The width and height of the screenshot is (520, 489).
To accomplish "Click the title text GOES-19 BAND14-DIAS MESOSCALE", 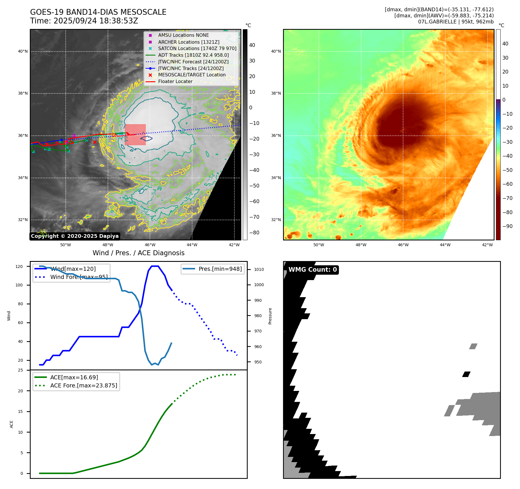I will click(x=98, y=12).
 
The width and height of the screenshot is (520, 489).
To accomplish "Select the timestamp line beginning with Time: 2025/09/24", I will click(x=84, y=21).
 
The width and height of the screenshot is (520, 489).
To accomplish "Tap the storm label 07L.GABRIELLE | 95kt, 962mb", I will click(x=456, y=22).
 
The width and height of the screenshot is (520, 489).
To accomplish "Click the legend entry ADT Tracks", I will click(x=193, y=55).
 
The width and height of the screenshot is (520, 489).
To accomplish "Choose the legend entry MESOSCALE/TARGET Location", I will click(x=192, y=75).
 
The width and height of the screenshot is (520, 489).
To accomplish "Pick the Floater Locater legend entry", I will click(x=175, y=81).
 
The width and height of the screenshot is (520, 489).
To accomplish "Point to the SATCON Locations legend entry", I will click(x=197, y=48).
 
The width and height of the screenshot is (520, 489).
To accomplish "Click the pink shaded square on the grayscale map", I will click(x=135, y=135).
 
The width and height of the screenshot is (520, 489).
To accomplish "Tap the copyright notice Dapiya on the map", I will click(x=75, y=236).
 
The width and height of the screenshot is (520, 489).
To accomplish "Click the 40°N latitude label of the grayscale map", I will click(x=23, y=52).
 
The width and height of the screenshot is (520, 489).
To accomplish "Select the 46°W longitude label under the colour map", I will click(x=403, y=245).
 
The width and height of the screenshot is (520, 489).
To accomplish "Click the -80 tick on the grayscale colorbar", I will click(x=254, y=233).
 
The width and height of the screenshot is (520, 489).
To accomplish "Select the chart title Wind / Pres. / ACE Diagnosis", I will click(x=138, y=253).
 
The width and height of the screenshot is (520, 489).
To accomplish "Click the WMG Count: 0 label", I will click(x=313, y=270).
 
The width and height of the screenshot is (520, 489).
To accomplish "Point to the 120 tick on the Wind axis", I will click(x=19, y=266).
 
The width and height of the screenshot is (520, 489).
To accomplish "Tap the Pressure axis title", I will click(x=270, y=316).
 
